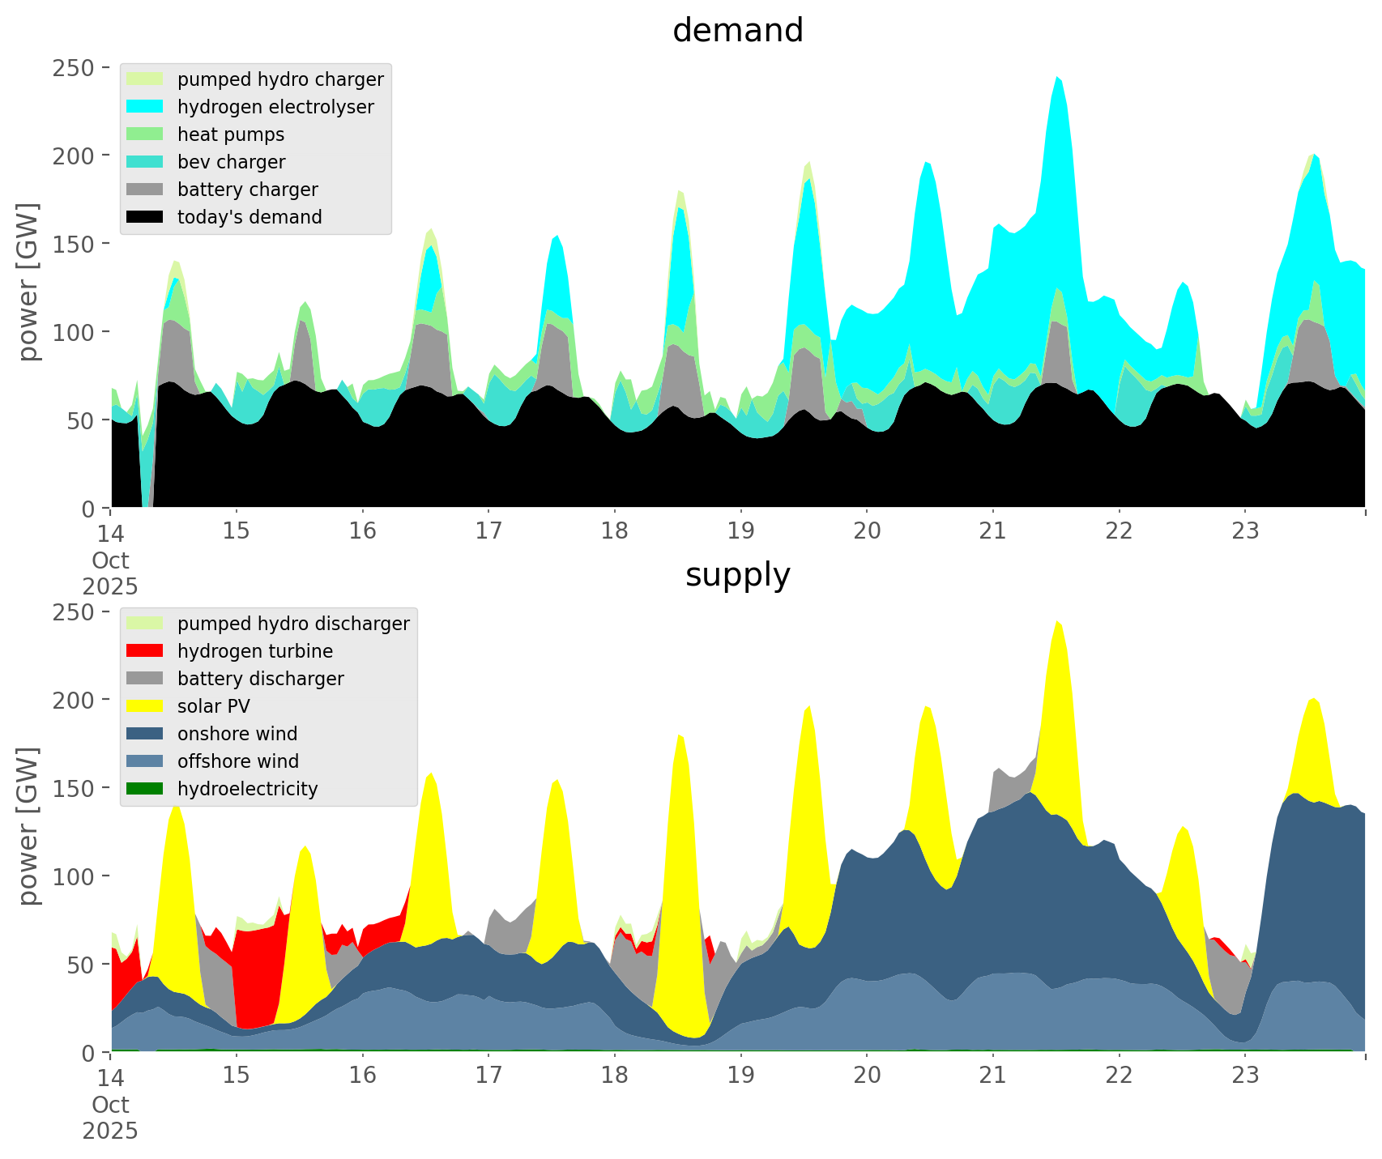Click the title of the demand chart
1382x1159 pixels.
(x=737, y=31)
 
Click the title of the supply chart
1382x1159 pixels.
(x=737, y=575)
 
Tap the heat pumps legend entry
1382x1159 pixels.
(x=231, y=134)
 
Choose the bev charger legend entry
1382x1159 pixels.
(x=231, y=162)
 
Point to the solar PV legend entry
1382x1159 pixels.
(x=214, y=706)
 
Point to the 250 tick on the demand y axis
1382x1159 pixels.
(x=75, y=67)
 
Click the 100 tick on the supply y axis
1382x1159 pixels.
(x=75, y=876)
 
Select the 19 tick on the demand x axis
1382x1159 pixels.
(x=740, y=531)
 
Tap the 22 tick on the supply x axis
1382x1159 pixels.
(x=1119, y=1076)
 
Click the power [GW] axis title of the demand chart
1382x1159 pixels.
(x=28, y=282)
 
